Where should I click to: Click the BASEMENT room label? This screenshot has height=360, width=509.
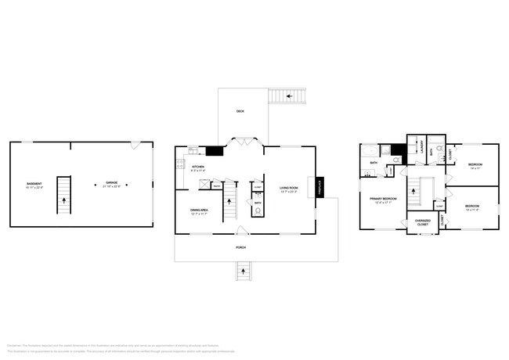pos(34,185)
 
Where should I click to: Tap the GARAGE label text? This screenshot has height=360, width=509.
pos(113,185)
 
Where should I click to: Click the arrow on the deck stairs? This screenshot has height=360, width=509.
pos(290,95)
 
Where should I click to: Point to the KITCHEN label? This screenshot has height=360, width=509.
pos(198,167)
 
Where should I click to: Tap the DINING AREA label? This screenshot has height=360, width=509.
pos(199,210)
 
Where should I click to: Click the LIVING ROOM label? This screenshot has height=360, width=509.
pos(289,188)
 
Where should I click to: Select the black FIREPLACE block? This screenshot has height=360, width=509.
pos(319,187)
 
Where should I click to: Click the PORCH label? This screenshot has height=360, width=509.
pos(240,247)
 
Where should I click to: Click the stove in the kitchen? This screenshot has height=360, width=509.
pos(179,164)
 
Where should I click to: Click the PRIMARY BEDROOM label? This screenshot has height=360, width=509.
pos(384,200)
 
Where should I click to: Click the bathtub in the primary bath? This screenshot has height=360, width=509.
pos(370,151)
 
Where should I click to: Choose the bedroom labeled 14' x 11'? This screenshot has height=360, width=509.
pos(475,166)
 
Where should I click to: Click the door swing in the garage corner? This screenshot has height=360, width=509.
pos(135,146)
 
